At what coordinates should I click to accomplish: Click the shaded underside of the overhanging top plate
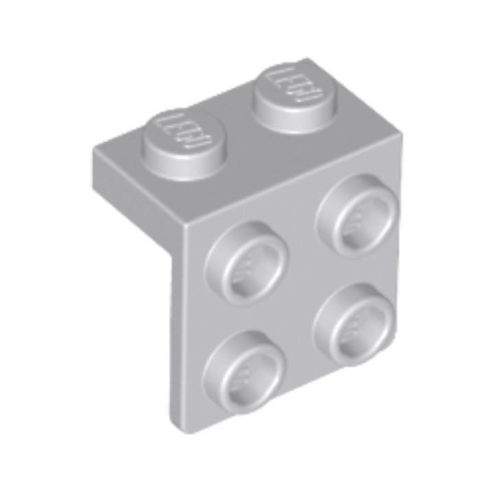pyautogui.click(x=137, y=206)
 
